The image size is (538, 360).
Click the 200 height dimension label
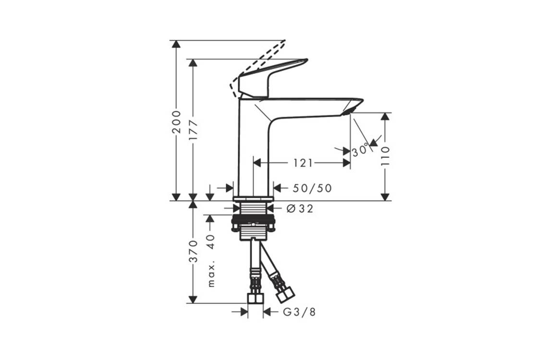[176, 122]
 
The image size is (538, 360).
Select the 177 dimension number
[193, 130]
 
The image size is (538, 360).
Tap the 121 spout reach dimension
[303, 163]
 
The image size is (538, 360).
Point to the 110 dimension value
[386, 156]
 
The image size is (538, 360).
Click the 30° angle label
[360, 150]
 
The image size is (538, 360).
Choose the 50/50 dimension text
[312, 188]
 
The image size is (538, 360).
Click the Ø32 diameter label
[300, 208]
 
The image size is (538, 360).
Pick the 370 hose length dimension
[194, 252]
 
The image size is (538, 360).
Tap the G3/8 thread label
[299, 312]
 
